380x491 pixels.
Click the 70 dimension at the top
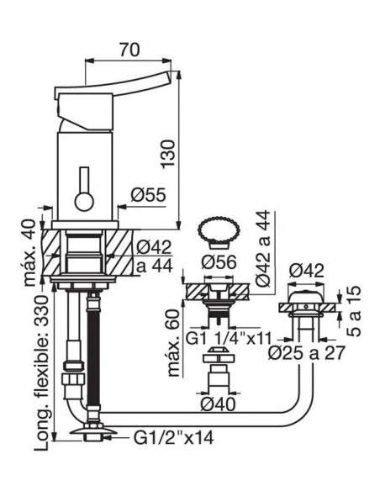(129, 50)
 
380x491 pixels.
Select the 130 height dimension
(168, 154)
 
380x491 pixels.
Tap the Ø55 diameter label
(148, 195)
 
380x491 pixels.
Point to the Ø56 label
(219, 262)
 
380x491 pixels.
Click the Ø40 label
(218, 405)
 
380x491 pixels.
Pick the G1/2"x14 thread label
(174, 437)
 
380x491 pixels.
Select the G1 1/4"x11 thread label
(229, 338)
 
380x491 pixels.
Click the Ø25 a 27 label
(307, 353)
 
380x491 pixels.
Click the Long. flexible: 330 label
(42, 372)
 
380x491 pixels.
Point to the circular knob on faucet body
(84, 201)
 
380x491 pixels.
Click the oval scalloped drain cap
(219, 231)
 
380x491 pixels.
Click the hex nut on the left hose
(74, 379)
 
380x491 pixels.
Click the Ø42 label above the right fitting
(307, 271)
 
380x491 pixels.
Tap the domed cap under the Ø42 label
(306, 297)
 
